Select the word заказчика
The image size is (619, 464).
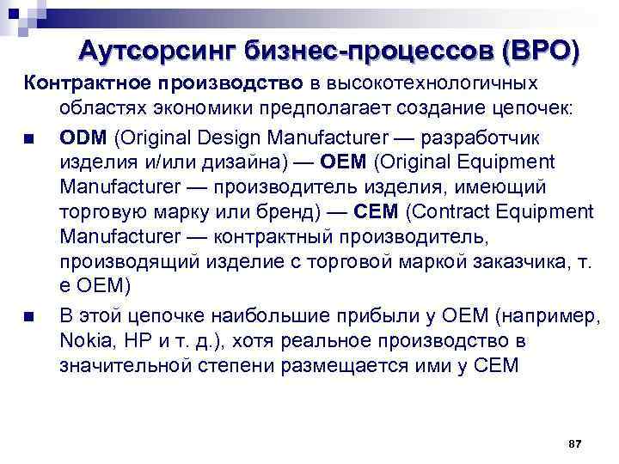(513, 261)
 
